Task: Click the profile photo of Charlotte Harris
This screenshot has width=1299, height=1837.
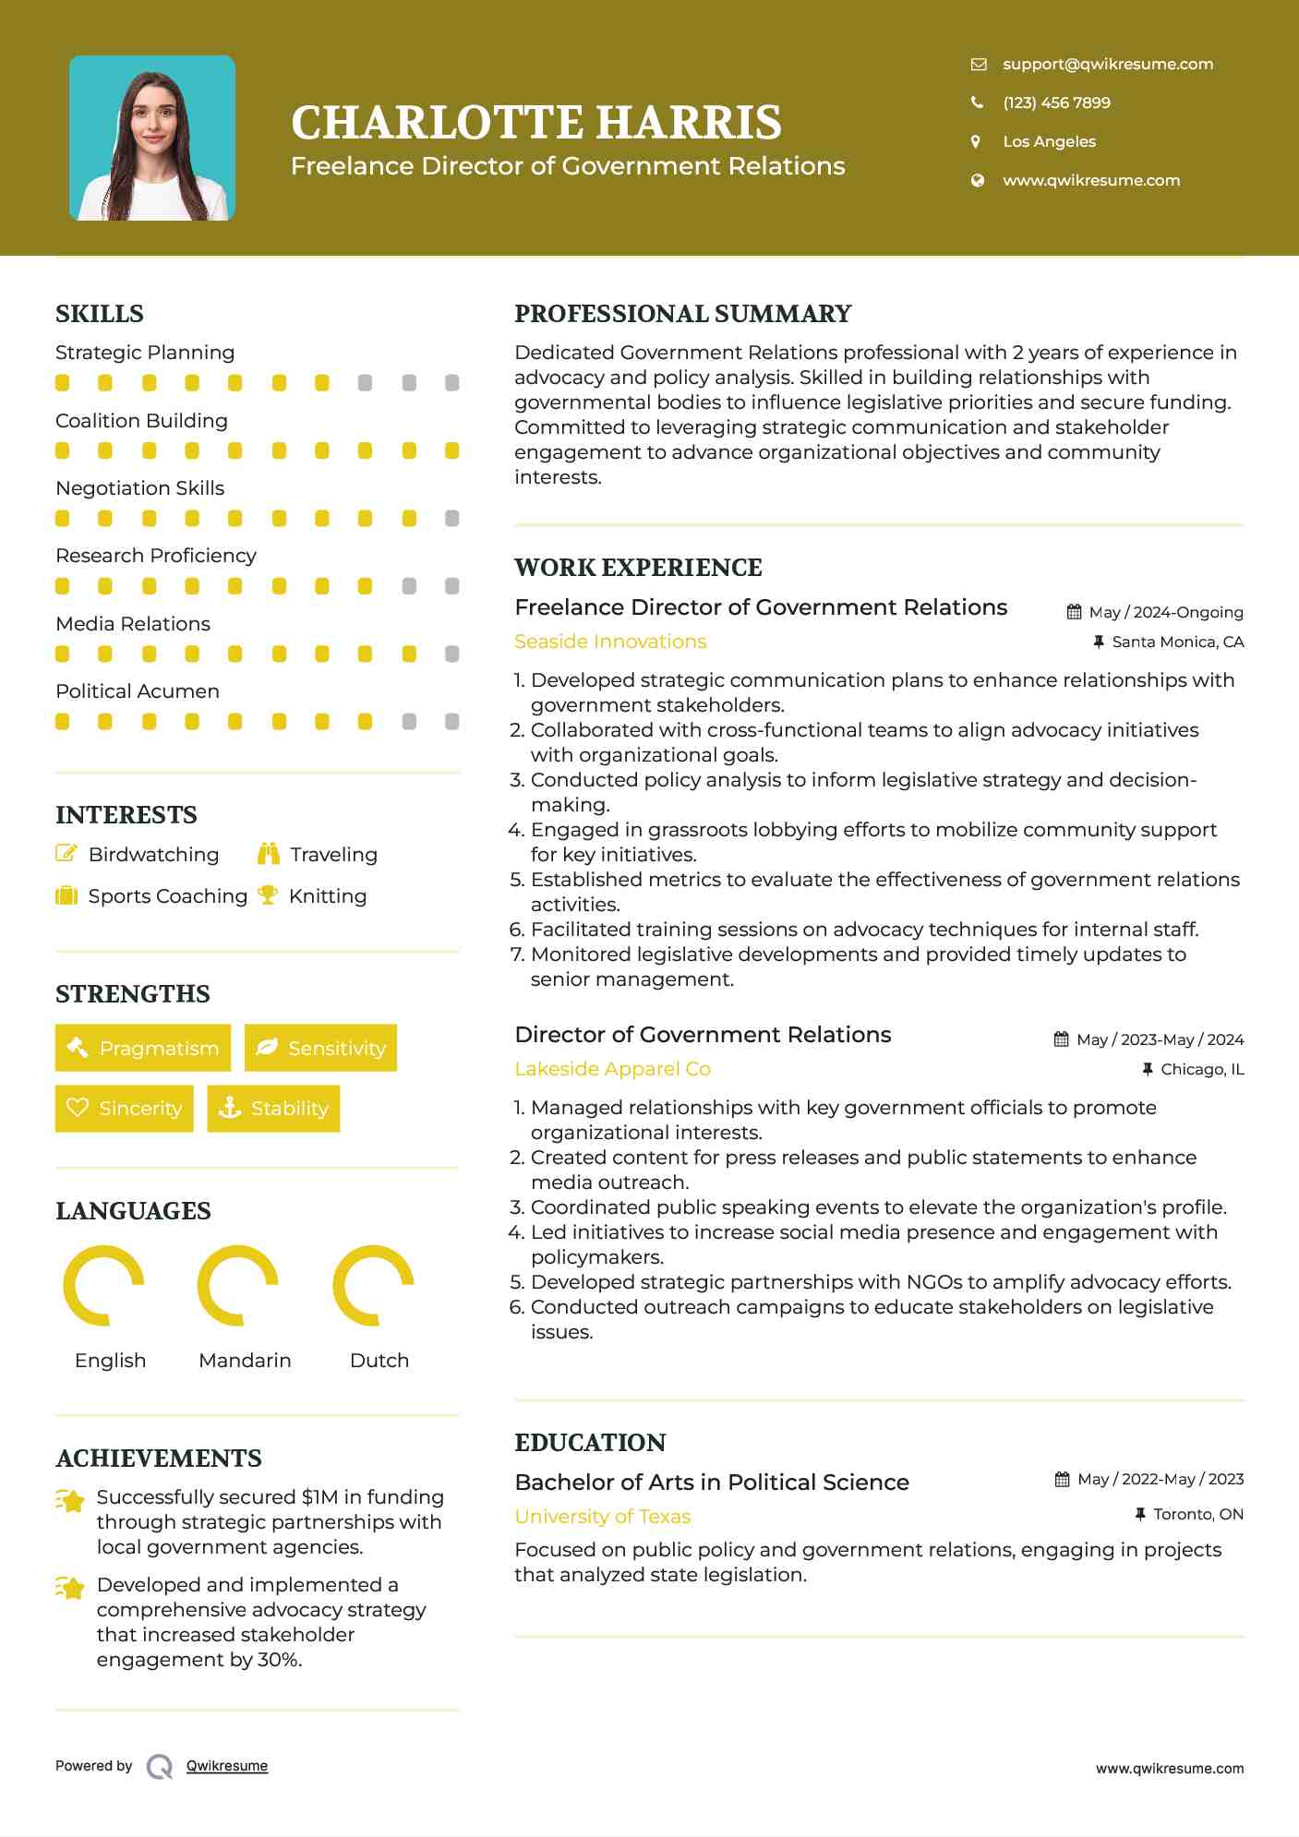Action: tap(152, 138)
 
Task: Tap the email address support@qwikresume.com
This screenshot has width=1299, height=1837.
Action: tap(1107, 64)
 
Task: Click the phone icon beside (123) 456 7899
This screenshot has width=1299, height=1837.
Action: tap(977, 102)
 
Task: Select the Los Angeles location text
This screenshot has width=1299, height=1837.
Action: tap(1049, 141)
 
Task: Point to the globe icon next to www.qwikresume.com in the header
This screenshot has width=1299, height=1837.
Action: tap(977, 180)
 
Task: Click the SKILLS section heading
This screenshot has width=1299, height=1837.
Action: tap(100, 314)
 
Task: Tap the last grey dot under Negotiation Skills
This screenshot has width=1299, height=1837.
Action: tap(451, 519)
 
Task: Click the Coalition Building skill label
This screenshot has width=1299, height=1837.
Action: tap(141, 421)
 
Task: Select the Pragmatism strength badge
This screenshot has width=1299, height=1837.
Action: tap(143, 1048)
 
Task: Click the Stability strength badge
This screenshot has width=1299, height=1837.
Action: tap(273, 1108)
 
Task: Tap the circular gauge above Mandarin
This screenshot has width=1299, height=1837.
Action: tap(238, 1285)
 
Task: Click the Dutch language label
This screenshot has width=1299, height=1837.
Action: tap(379, 1361)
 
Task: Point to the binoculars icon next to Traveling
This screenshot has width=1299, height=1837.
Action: tap(269, 854)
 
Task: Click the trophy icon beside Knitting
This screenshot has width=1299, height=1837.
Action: tap(268, 894)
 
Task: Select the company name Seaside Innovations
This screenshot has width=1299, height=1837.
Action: tap(610, 642)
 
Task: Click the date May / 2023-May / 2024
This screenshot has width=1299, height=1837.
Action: tap(1159, 1039)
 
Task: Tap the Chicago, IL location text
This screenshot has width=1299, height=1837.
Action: tap(1201, 1069)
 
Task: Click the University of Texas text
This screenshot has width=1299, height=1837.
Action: tap(602, 1517)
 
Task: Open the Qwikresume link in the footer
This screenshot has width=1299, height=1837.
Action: tap(227, 1766)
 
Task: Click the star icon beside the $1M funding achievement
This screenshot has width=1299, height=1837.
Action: tap(71, 1500)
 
